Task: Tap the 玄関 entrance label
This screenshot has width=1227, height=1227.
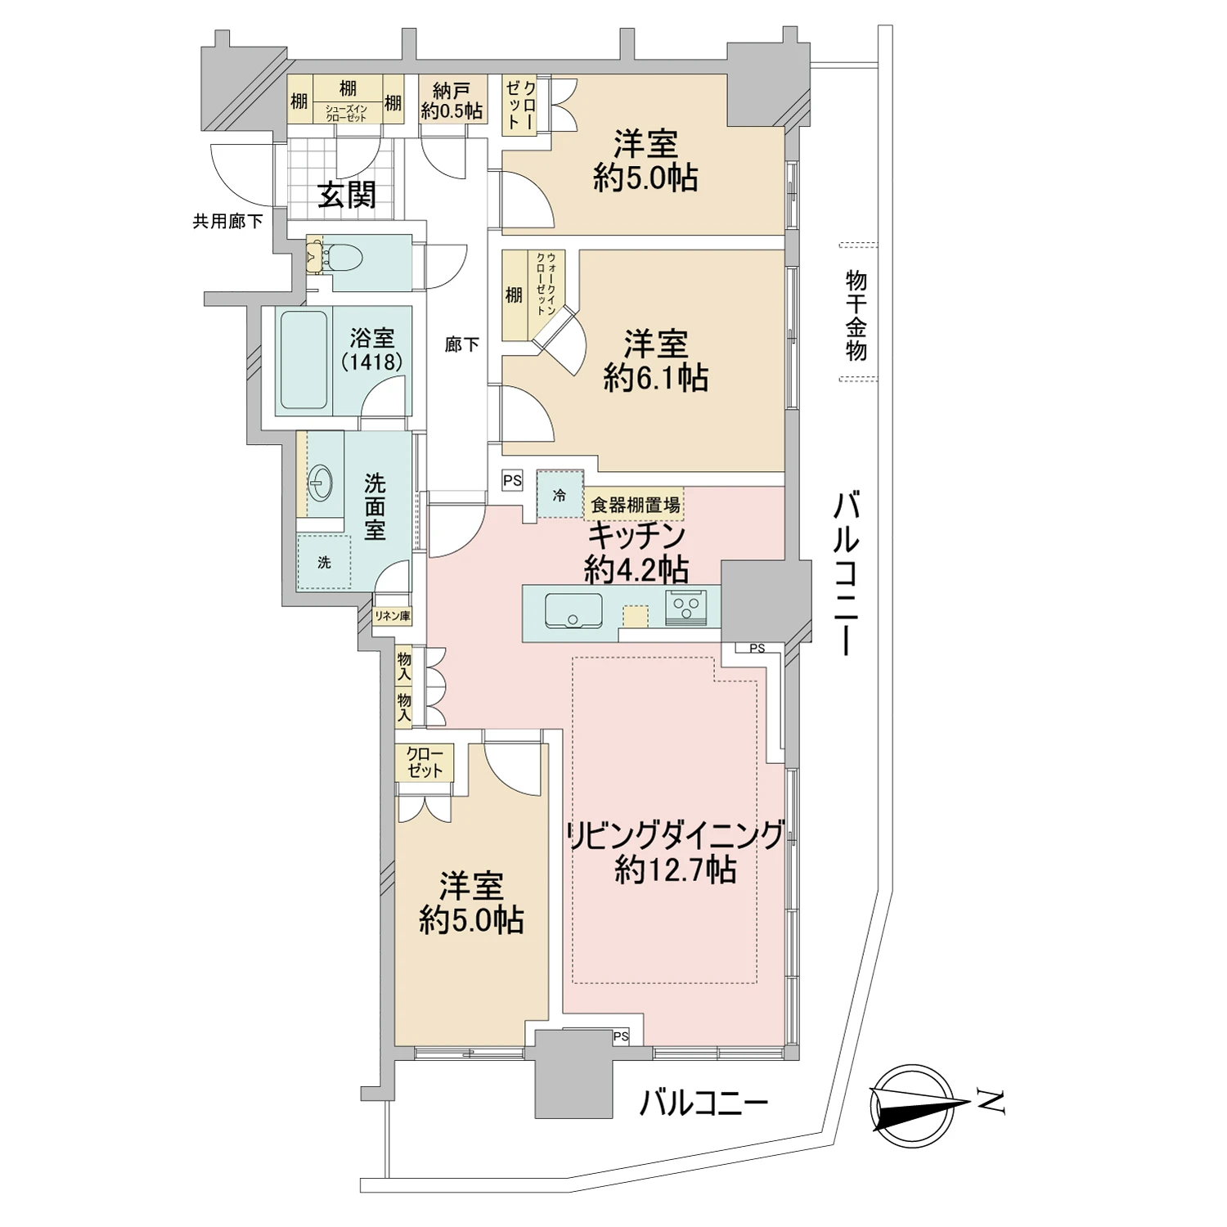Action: tap(347, 196)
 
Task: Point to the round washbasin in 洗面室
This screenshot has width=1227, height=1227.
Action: tap(320, 484)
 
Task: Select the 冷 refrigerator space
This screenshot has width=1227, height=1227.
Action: tap(560, 495)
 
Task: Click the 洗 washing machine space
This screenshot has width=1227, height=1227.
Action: tap(324, 563)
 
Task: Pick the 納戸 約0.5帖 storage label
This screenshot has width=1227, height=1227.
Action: tap(452, 101)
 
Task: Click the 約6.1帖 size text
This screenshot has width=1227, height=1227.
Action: tap(655, 379)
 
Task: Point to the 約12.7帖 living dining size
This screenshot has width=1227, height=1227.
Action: tap(675, 870)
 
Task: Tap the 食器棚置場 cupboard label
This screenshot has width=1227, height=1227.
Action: tap(635, 505)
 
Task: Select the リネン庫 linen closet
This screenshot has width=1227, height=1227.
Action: tap(392, 616)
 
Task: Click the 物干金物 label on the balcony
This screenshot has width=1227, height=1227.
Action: tap(856, 316)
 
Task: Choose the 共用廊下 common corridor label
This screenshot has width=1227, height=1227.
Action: tap(227, 221)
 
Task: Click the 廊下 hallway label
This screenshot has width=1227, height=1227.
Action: tap(461, 345)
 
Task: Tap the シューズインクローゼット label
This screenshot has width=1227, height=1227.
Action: tap(347, 114)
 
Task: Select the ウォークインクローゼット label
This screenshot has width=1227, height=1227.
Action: tap(546, 284)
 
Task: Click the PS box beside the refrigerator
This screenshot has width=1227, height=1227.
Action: tap(512, 481)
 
